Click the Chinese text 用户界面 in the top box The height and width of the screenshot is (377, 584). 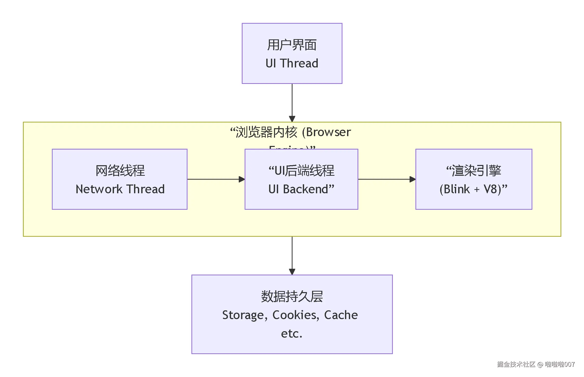coord(292,45)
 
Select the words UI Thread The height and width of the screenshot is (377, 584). coord(292,63)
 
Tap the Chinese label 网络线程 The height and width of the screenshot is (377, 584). coord(120,171)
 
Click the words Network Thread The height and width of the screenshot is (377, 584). coord(120,189)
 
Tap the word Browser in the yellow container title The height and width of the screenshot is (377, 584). coord(329,132)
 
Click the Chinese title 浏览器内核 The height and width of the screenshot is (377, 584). coord(266,132)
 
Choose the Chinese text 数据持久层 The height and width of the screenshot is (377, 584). coord(292,296)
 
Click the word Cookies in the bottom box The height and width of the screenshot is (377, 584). coord(295,315)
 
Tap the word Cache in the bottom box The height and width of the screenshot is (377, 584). coord(341,315)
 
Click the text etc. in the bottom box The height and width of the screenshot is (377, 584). coord(291,334)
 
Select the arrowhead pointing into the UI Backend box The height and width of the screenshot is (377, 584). coord(242,179)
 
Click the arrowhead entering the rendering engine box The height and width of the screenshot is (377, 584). coord(412,179)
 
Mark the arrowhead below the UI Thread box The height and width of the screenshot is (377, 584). coord(292,119)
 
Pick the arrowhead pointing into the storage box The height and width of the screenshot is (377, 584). coord(292,272)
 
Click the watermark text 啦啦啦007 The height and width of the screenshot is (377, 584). coord(560,364)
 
